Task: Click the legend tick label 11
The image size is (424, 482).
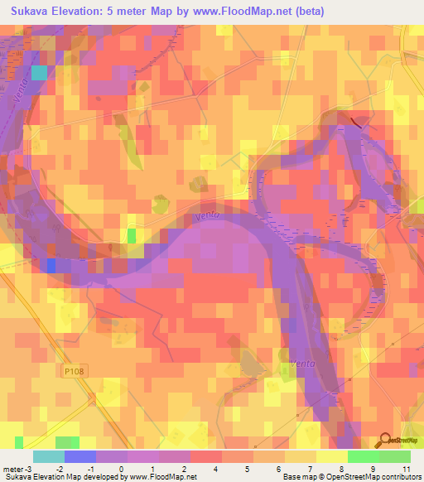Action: tap(406, 469)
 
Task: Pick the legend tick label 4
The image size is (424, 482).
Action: tap(217, 469)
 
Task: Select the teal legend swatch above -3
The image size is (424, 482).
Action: tap(49, 456)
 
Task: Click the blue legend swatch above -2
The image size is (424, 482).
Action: tap(80, 456)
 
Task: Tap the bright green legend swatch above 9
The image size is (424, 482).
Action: tap(364, 456)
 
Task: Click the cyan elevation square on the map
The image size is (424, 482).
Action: tap(39, 73)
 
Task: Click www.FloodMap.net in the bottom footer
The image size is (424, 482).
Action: tap(157, 477)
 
